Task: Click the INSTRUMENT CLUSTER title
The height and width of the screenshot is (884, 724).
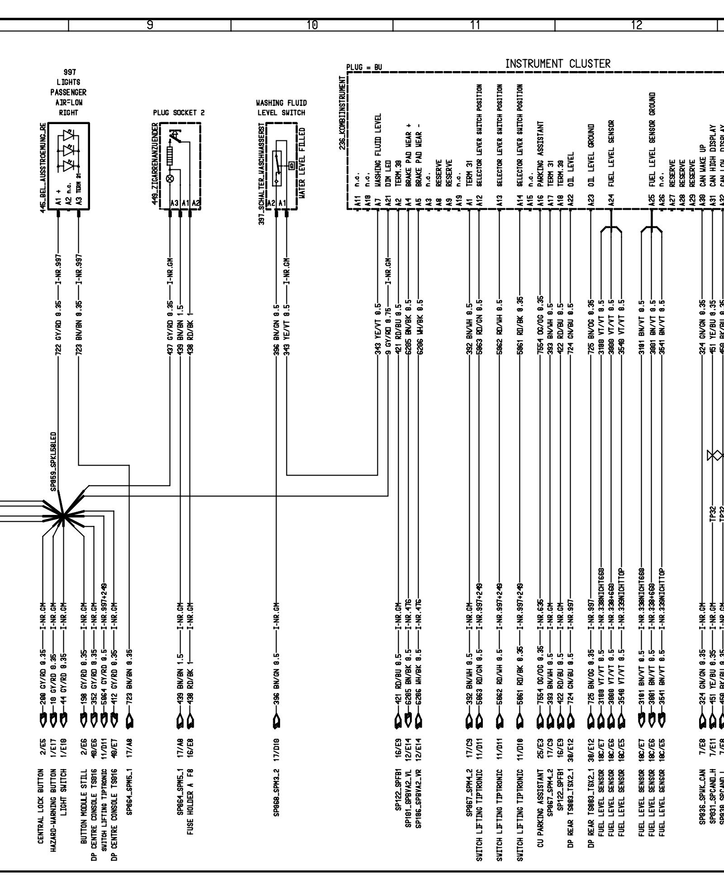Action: (557, 64)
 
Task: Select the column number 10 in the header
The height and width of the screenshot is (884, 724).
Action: (312, 25)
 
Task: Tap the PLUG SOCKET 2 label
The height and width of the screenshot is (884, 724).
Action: (178, 112)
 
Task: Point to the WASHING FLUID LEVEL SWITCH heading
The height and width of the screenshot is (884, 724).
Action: (281, 108)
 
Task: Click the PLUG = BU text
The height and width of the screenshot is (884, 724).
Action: (364, 67)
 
